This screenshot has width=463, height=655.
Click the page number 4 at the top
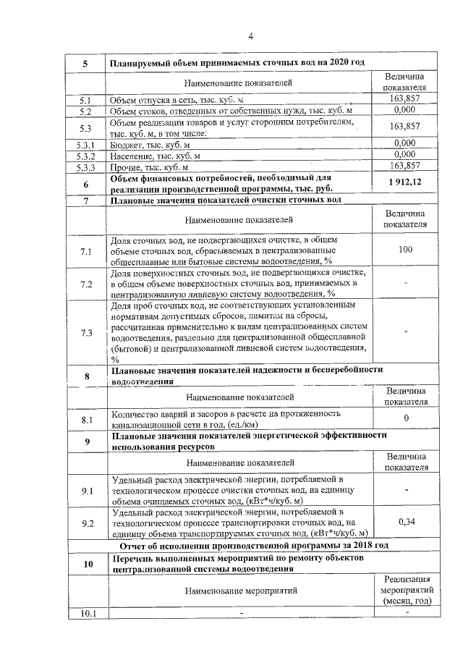250,36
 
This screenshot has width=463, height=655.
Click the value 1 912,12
404,181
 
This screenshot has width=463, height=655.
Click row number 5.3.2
85,155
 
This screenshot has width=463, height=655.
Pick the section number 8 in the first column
85,376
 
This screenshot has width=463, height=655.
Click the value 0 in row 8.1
405,419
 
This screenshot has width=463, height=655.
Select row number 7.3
85,333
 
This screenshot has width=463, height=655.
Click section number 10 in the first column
85,564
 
